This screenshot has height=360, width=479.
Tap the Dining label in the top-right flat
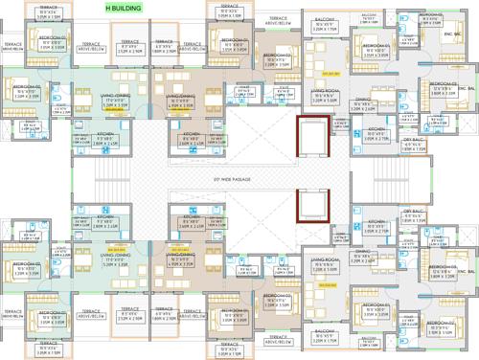click(363, 101)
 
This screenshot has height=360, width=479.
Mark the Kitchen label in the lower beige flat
click(189, 221)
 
